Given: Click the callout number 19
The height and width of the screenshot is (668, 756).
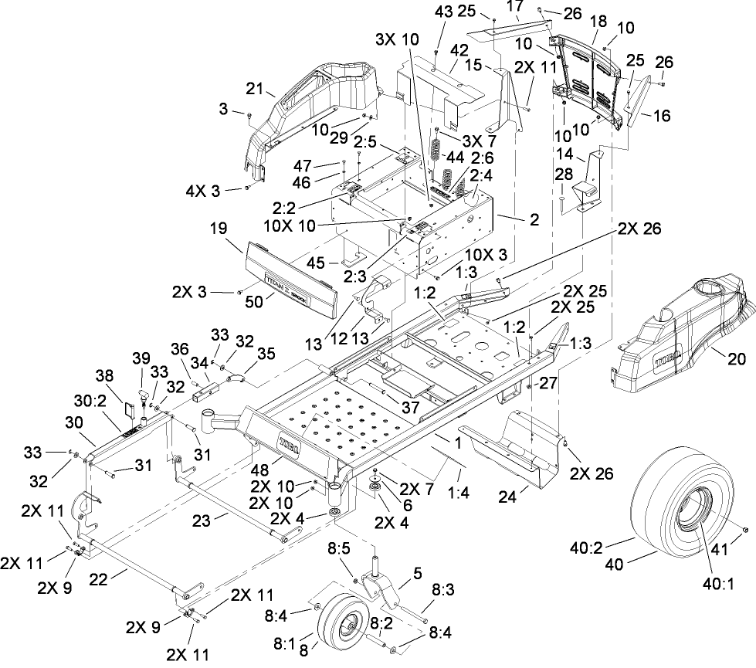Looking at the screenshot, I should click(217, 229).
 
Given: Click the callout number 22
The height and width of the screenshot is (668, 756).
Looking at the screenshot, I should click(117, 572).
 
